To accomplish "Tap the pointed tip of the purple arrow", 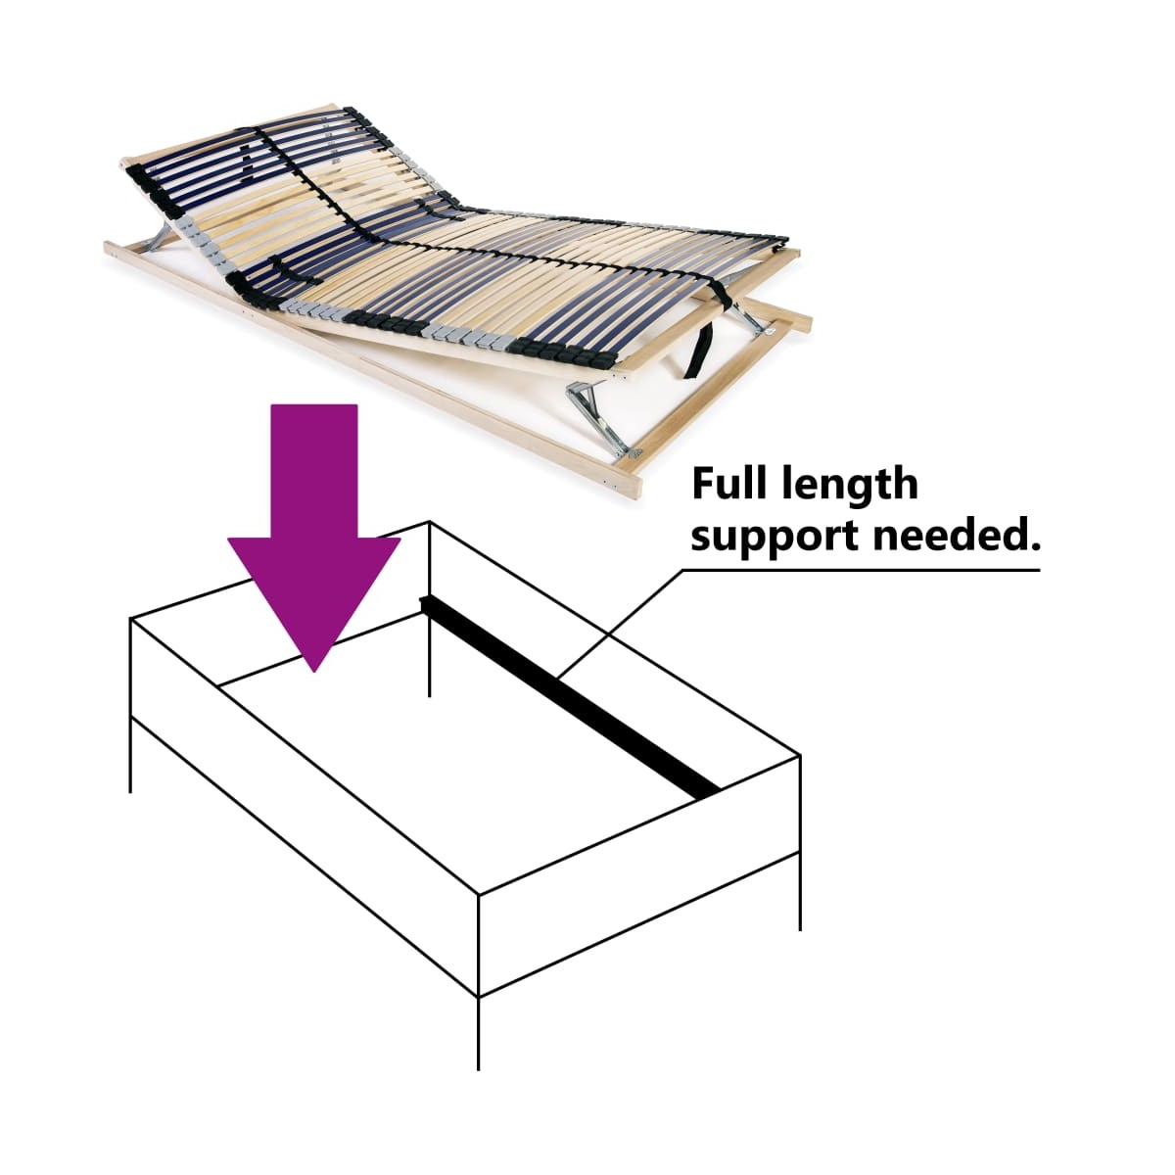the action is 314,672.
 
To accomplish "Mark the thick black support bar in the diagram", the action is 570,697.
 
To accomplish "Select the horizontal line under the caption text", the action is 862,571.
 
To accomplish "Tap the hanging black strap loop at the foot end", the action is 702,350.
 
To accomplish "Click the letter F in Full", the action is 702,484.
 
